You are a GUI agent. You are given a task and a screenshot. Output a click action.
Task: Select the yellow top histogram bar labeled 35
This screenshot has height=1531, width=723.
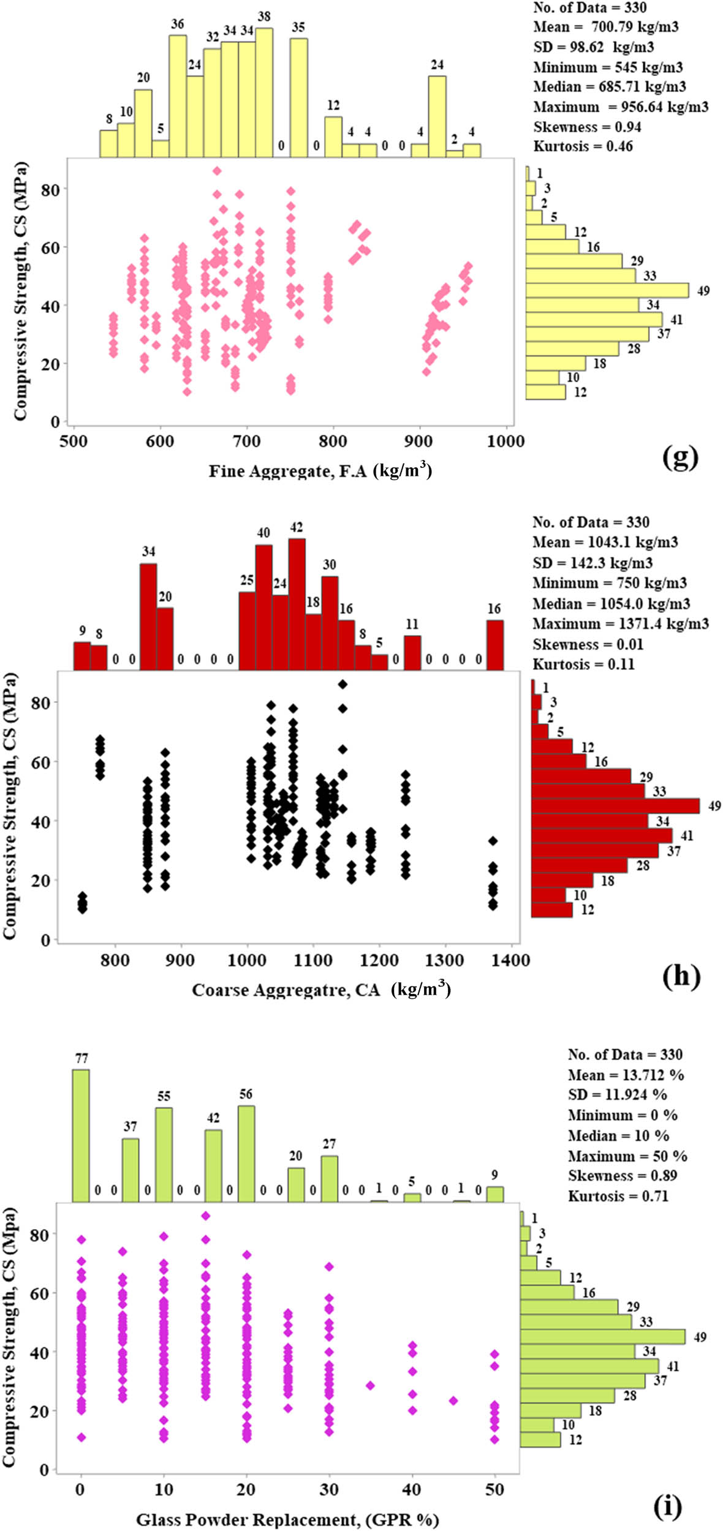tap(298, 97)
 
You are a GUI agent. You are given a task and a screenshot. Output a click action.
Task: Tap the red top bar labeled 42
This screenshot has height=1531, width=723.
tap(297, 604)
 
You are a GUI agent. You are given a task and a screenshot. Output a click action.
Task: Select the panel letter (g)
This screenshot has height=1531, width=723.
tap(680, 457)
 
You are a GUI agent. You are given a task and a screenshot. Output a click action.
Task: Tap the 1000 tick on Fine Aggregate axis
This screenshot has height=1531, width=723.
tap(506, 442)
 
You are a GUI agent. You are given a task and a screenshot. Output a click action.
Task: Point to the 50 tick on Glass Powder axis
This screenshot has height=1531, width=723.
tap(494, 1489)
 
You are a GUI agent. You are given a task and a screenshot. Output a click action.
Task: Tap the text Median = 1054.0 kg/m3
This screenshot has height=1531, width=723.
tap(611, 604)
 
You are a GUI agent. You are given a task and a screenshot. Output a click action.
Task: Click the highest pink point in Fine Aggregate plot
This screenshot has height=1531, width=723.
tap(217, 171)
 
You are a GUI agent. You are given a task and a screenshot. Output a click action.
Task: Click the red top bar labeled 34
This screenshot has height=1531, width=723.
tap(148, 616)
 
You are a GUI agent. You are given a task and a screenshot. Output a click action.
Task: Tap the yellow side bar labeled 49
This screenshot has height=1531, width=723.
tap(607, 290)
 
